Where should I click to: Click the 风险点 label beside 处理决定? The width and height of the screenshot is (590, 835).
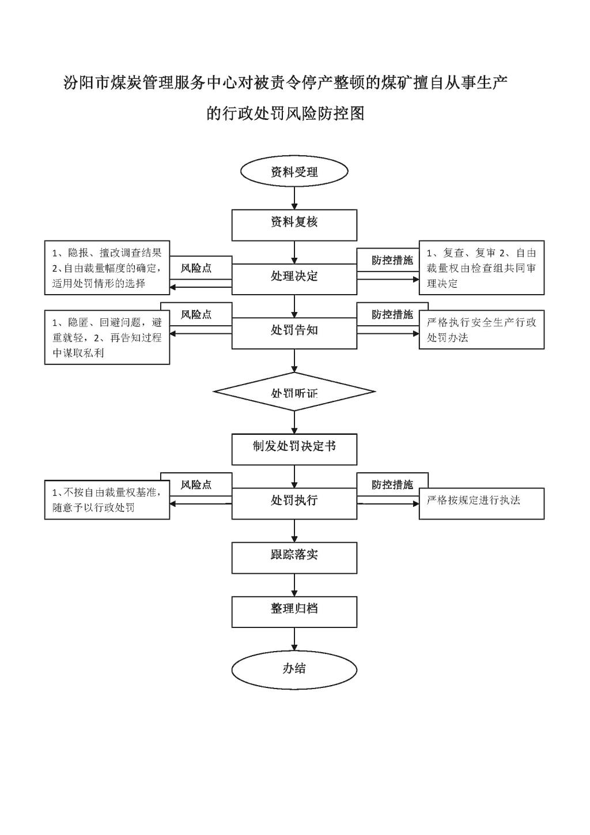[196, 268]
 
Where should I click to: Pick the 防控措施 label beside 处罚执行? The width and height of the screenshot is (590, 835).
[392, 484]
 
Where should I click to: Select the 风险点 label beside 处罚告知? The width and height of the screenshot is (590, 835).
[196, 315]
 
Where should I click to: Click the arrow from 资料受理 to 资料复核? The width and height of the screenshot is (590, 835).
[294, 198]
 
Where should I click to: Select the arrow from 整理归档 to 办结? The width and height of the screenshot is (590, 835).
[294, 640]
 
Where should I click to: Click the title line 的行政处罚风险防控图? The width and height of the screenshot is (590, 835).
[285, 114]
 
